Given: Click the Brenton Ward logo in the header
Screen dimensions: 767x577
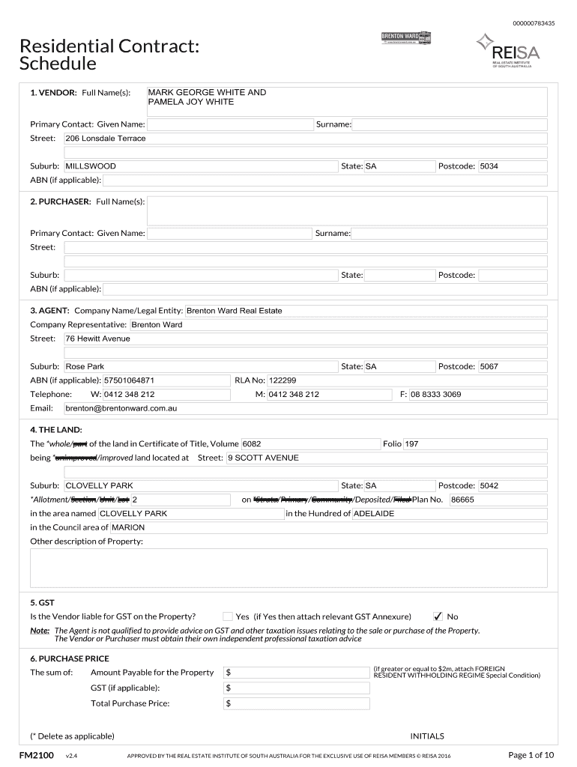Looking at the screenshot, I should coord(406,39).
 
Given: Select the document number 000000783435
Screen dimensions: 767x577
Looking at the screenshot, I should coord(534,23).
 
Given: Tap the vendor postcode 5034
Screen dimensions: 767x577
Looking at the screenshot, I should coord(489,166).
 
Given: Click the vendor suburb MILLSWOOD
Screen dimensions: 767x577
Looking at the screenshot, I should coord(91,166).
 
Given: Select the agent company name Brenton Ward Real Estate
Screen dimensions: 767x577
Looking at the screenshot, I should coord(234,311).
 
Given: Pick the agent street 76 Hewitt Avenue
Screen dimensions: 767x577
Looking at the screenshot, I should coord(98,339).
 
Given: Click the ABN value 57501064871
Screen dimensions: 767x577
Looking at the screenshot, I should coord(129,381).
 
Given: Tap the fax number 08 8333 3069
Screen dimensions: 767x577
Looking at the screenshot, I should coord(436,394).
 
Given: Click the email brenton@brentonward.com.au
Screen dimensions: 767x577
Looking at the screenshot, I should coord(121,408).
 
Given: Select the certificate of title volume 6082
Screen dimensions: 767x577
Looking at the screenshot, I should coord(252,444).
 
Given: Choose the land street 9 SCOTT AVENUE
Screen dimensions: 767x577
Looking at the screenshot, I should coord(263,458).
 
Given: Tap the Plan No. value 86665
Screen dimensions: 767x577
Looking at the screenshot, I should coord(462,500).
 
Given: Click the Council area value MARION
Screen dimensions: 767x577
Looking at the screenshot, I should coord(128,527).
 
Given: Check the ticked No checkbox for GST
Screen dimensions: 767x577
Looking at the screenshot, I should coord(438,616).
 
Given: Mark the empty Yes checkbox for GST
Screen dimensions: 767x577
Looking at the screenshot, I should coord(228,616).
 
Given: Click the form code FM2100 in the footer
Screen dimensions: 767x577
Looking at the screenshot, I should coord(37,754).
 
